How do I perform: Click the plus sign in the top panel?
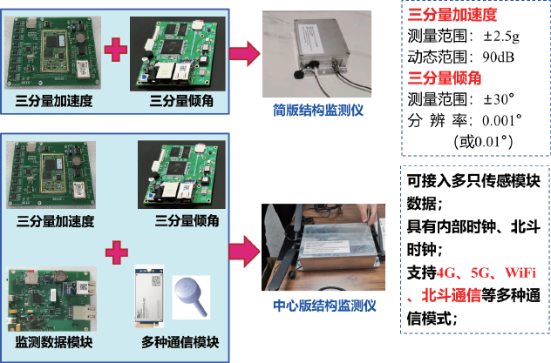pos(116,50)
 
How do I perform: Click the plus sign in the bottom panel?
pos(117,252)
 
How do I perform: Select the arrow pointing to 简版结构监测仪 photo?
pos(245,54)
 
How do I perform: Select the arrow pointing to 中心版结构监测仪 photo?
pos(245,252)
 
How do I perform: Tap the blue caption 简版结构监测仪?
pos(318,111)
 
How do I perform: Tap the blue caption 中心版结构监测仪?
pos(324,306)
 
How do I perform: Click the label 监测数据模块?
pos(54,342)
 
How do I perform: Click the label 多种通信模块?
pos(180,342)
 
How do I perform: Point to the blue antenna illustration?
pos(192,296)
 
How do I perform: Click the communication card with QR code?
pos(149,296)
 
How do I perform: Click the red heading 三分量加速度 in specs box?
pos(452,15)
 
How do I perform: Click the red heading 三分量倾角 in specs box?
pos(445,77)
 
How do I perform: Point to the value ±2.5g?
pos(501,36)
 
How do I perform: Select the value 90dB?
pos(499,57)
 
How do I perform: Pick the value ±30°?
pos(499,99)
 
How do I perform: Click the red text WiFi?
pos(520,272)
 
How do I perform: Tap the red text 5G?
pos(480,272)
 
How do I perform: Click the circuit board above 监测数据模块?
pos(52,299)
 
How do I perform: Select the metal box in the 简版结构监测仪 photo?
pos(322,44)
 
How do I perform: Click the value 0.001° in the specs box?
pos(502,121)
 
